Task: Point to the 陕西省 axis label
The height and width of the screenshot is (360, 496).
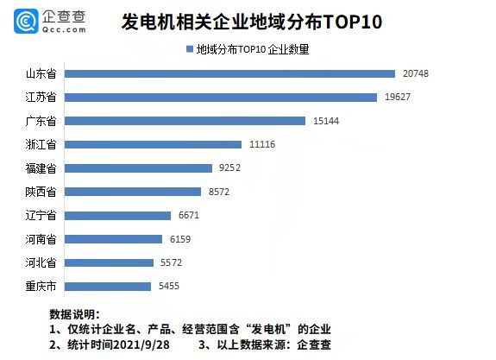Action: click(x=41, y=192)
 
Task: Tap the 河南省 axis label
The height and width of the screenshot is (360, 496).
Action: click(x=41, y=239)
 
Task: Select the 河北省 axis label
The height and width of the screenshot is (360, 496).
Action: click(x=41, y=262)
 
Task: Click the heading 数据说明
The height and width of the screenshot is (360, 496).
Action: click(x=74, y=313)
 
